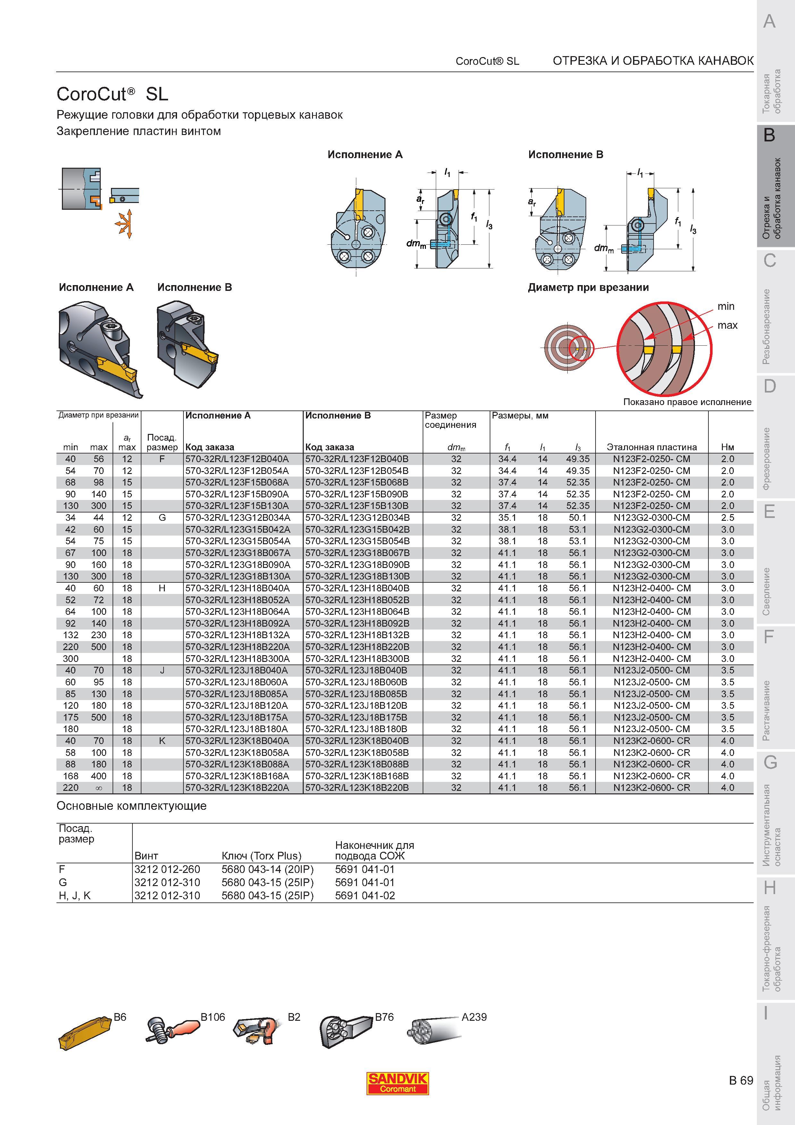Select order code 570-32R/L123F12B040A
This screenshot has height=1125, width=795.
tap(237, 459)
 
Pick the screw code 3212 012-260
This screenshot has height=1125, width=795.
tap(167, 869)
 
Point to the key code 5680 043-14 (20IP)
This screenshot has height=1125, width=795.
tap(267, 869)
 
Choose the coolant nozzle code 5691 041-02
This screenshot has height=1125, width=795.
tap(365, 896)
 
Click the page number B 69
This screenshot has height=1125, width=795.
tap(741, 1080)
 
